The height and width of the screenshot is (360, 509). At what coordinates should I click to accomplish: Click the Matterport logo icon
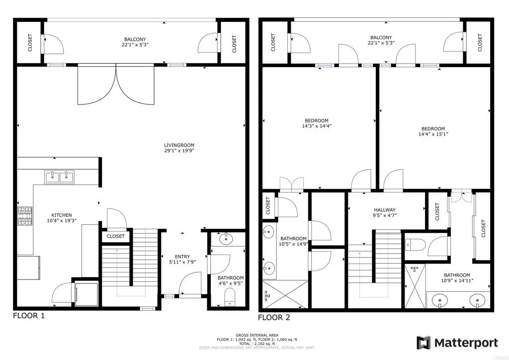424,343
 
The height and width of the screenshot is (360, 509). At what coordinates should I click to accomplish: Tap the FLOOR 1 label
28,316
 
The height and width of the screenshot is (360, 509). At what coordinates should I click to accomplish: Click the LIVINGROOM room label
179,145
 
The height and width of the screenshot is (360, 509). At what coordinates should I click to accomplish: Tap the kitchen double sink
60,176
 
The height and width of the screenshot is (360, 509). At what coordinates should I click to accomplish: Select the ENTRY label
182,257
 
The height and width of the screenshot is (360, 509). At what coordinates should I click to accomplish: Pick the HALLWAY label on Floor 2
385,210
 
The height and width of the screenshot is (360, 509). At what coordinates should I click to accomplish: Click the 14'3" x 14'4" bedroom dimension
317,126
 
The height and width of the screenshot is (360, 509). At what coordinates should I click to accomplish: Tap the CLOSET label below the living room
116,237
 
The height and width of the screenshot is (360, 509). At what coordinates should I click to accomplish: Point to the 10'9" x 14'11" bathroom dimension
457,280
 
